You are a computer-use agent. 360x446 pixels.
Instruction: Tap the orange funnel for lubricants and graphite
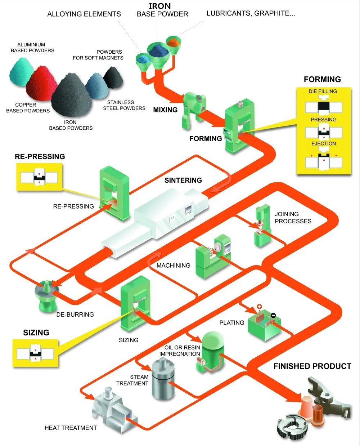point(174,43)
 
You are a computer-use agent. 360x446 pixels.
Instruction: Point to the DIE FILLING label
point(323,92)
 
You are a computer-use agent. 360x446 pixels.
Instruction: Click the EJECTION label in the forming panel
point(323,143)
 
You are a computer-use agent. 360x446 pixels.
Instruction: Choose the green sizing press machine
point(135,303)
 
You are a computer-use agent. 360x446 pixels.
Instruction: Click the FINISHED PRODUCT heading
point(312,366)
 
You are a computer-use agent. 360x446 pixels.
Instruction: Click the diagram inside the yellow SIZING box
point(36,353)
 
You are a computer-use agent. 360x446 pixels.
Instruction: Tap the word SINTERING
point(183,180)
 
